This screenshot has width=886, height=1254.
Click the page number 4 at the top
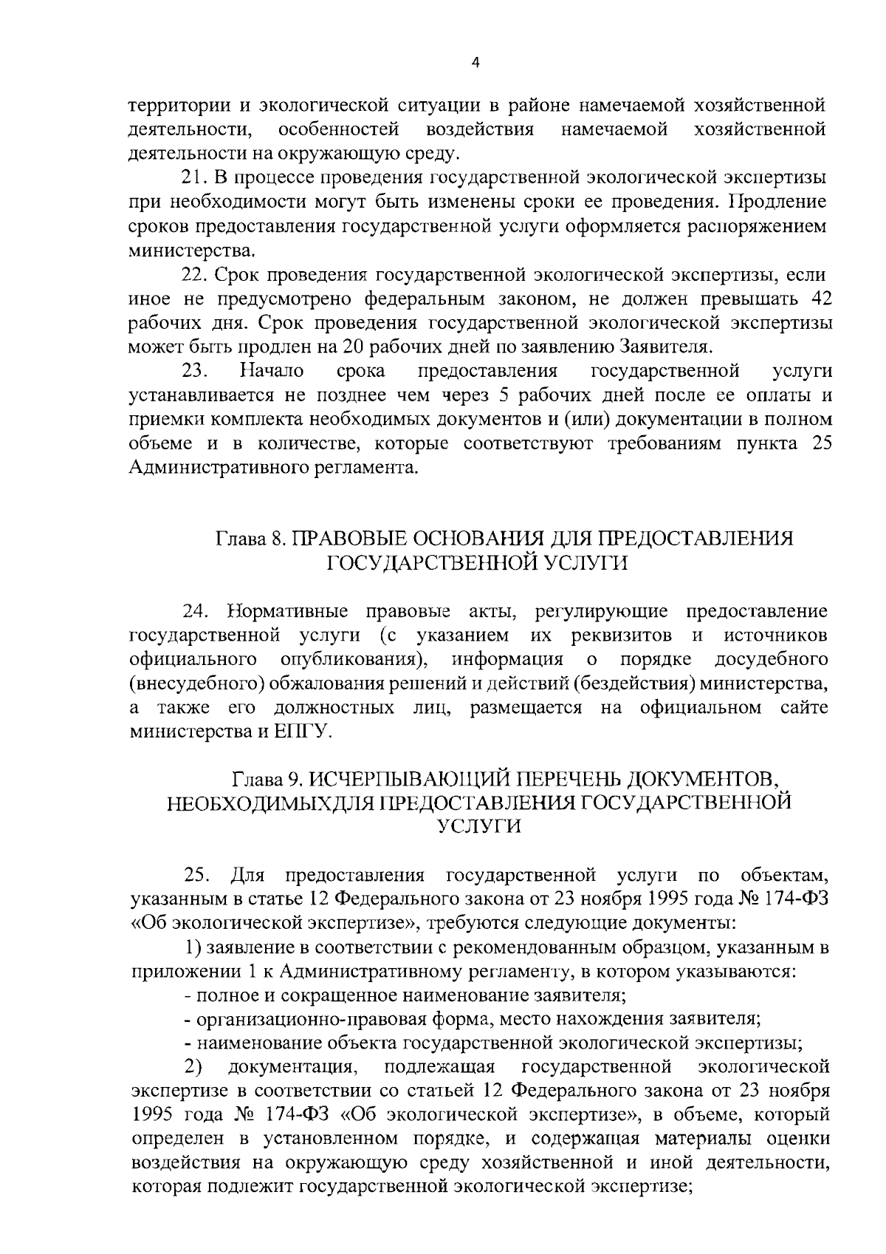(x=475, y=64)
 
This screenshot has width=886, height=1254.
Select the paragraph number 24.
(x=196, y=612)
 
